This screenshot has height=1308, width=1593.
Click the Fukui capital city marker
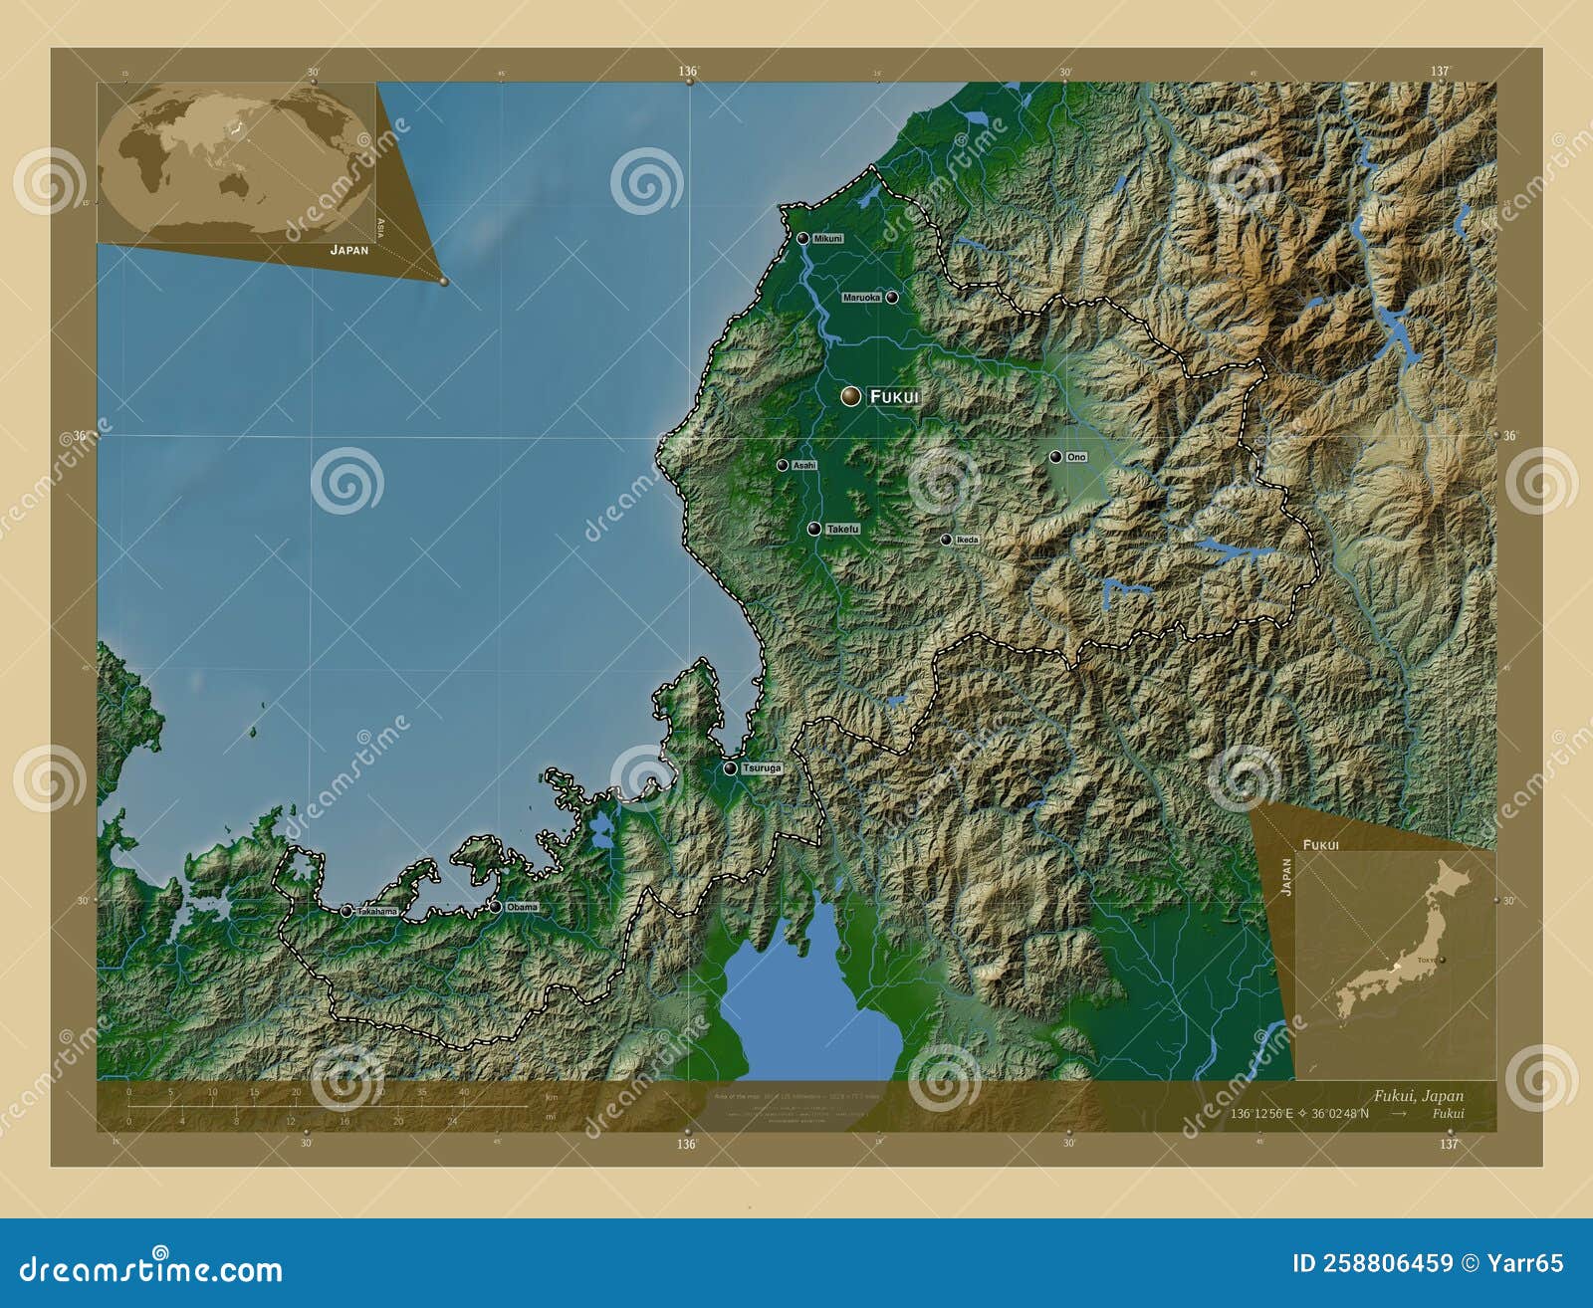pyautogui.click(x=849, y=396)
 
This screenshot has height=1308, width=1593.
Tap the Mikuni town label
pyautogui.click(x=827, y=239)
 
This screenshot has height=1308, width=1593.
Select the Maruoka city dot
pyautogui.click(x=892, y=297)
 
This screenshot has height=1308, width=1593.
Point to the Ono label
pyautogui.click(x=1076, y=457)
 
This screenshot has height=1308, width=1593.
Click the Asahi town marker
pyautogui.click(x=783, y=465)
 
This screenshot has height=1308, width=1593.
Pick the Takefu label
pyautogui.click(x=842, y=530)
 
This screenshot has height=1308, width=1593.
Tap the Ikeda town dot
pyautogui.click(x=946, y=540)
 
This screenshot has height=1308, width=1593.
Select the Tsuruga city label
pyautogui.click(x=763, y=768)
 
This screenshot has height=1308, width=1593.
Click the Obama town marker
pyautogui.click(x=495, y=907)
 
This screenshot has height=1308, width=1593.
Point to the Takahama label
pyautogui.click(x=377, y=912)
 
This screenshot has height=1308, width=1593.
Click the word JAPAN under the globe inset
pyautogui.click(x=349, y=250)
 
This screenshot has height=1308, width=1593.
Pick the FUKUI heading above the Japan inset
pyautogui.click(x=1320, y=844)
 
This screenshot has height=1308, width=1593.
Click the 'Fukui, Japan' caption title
pyautogui.click(x=1419, y=1096)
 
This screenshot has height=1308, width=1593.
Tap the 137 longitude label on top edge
pyautogui.click(x=1440, y=72)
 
